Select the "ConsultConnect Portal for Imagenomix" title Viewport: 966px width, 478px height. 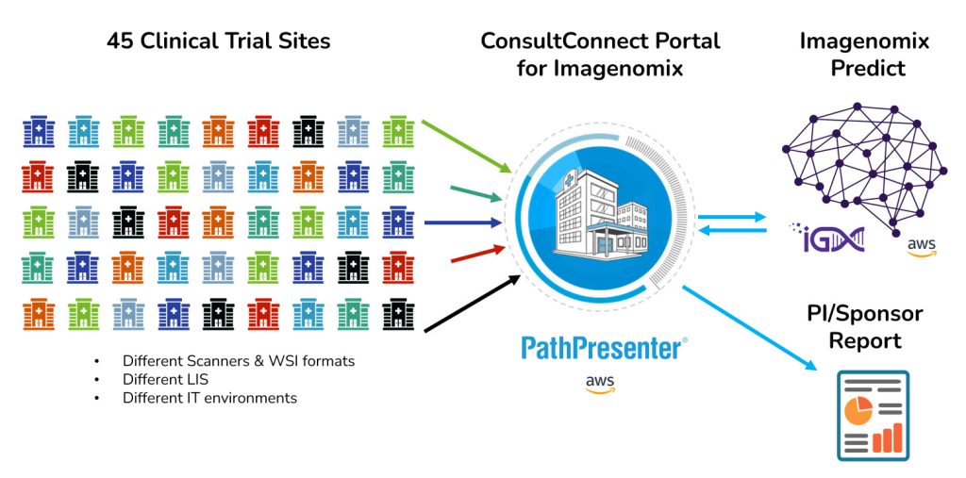click(600, 55)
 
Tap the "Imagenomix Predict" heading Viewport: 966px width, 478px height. click(864, 55)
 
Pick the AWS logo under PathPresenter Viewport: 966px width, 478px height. click(601, 384)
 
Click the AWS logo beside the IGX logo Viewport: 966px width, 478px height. click(921, 247)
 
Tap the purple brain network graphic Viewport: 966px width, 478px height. click(860, 157)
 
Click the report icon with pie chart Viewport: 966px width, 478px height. click(873, 416)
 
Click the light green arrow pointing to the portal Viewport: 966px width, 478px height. click(467, 146)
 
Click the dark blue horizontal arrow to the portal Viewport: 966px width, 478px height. click(466, 223)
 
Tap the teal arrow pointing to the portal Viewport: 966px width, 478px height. click(469, 192)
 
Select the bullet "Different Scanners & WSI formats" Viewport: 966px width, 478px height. click(238, 361)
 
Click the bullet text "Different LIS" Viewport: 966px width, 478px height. click(165, 379)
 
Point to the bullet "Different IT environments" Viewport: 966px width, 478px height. click(209, 398)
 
